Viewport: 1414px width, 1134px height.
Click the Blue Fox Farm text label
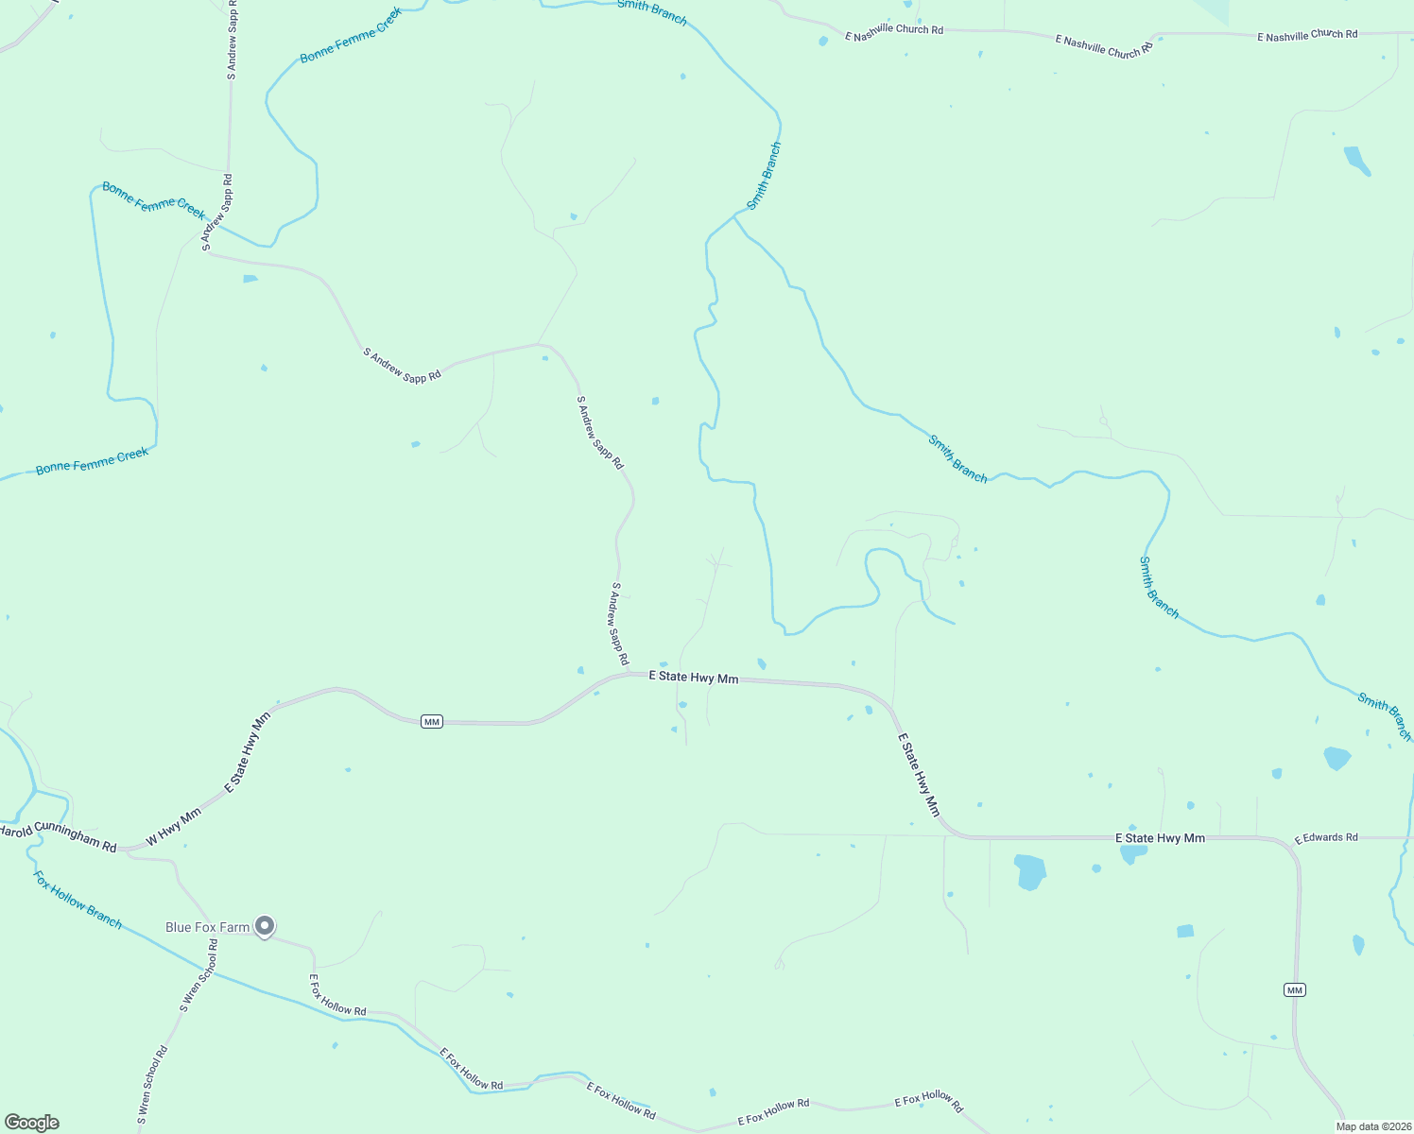pos(207,927)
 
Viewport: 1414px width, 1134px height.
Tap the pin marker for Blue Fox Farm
pos(266,925)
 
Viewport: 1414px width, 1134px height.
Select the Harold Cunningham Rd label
pos(57,838)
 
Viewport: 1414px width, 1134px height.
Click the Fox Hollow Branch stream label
pos(78,900)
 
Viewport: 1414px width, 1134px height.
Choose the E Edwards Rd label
pos(1325,837)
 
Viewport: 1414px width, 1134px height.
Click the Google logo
pos(31,1123)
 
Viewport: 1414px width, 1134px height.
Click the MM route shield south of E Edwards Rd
pos(1294,989)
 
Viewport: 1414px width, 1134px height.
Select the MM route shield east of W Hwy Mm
pos(432,722)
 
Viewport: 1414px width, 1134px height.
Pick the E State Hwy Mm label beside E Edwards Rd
pos(1160,838)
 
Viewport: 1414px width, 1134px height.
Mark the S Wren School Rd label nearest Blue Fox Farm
pos(199,976)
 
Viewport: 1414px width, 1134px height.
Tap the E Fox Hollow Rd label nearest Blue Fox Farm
pos(337,996)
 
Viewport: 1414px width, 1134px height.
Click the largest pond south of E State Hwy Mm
pos(1030,871)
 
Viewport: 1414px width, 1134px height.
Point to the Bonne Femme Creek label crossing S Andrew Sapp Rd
pos(153,201)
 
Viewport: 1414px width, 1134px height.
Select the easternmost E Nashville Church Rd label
pos(1307,36)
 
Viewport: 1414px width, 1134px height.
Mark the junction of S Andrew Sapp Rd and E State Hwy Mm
pos(628,674)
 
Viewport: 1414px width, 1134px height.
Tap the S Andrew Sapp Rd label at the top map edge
pos(232,38)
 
